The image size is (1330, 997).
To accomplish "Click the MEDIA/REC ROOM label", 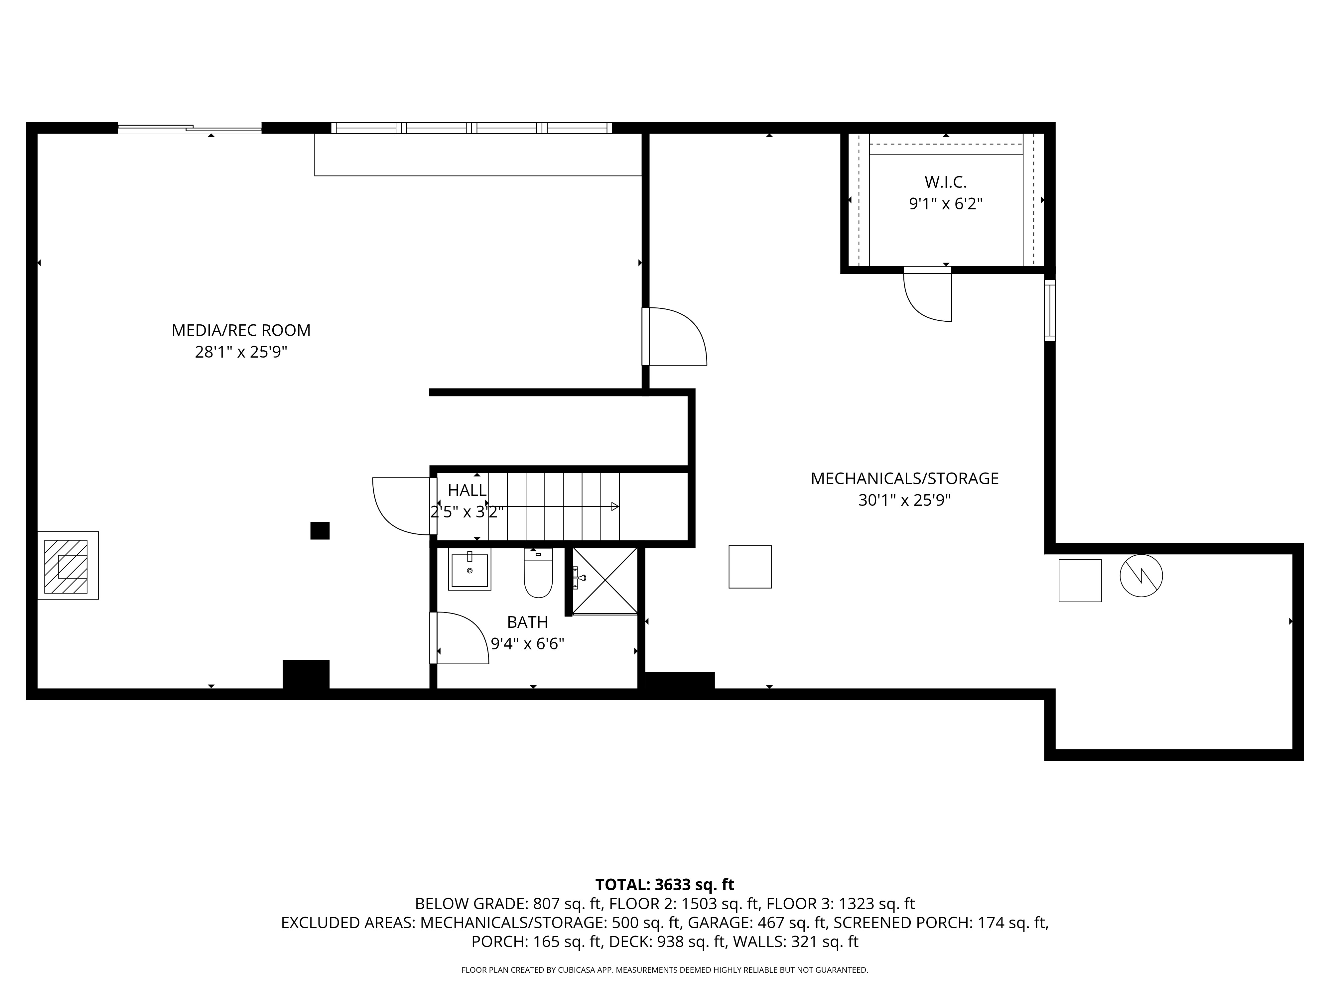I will pos(241,330).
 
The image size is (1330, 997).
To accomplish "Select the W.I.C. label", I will pos(945,181).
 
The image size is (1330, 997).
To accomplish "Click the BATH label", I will pos(527,622).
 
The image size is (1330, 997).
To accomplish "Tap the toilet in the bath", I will pos(538,575).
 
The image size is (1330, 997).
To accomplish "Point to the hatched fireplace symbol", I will pos(66,566).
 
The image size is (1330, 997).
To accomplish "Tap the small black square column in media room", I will pos(320,531).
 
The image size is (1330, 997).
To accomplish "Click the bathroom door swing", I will pos(460,638).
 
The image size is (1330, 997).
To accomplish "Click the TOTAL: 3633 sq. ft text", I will pos(664,885).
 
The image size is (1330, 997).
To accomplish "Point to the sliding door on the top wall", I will pos(190,127).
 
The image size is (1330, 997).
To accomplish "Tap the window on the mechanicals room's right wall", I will pos(1049,310).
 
